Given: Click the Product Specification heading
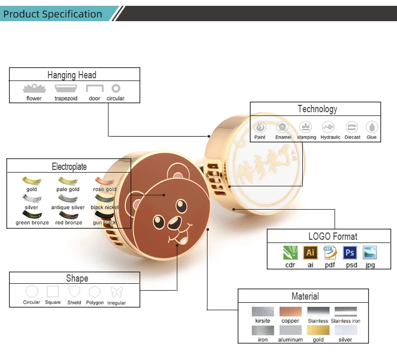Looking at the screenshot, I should click(x=52, y=14).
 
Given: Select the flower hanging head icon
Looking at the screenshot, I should click(x=34, y=89).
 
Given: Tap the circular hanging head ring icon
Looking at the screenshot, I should click(x=115, y=89).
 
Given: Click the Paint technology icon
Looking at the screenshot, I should click(x=260, y=127).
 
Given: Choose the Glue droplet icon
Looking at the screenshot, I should click(x=372, y=127).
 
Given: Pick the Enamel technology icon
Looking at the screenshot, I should click(x=283, y=127).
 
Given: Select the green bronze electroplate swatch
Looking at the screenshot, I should click(x=32, y=215).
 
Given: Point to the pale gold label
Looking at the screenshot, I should click(x=68, y=190).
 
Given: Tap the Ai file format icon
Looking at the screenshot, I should click(x=310, y=253).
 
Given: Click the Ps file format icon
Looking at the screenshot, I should click(x=350, y=253).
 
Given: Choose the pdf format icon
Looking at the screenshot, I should click(x=330, y=253).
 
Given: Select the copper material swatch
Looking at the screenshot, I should click(x=290, y=312).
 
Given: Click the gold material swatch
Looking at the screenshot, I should click(x=318, y=330).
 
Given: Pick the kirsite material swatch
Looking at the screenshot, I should click(x=263, y=312).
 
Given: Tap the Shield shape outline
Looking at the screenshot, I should click(x=74, y=292).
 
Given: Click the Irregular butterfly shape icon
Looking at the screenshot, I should click(x=116, y=292).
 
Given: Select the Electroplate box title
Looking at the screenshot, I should click(x=69, y=166).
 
